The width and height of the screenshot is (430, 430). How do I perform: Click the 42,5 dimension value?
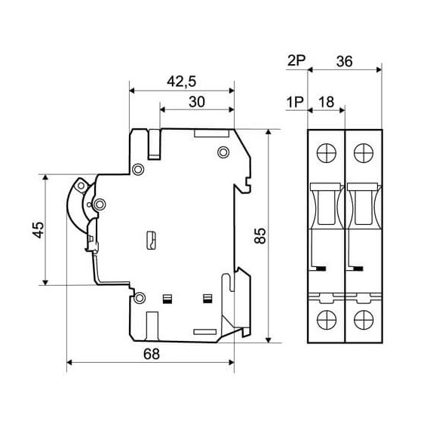tap(182, 81)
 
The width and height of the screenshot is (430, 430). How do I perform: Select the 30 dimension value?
tap(197, 102)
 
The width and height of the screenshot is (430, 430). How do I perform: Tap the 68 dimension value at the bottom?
tap(152, 354)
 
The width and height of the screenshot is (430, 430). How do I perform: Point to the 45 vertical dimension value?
tap(38, 230)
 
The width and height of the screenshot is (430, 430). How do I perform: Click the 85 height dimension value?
tap(260, 235)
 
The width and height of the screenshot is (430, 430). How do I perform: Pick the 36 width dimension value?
tap(345, 61)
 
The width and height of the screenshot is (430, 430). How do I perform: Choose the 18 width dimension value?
tap(327, 102)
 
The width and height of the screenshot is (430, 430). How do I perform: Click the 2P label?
tap(296, 60)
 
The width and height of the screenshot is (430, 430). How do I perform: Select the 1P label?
tap(295, 103)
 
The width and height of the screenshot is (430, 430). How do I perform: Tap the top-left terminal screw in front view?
tap(327, 152)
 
